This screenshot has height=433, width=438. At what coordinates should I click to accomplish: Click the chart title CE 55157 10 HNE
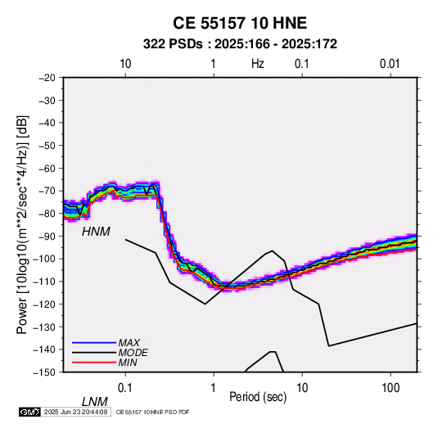[240, 23]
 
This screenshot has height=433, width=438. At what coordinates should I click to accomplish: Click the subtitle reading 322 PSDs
[173, 44]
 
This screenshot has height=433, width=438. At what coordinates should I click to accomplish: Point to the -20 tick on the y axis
[47, 78]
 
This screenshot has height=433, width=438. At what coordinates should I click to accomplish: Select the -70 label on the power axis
[47, 191]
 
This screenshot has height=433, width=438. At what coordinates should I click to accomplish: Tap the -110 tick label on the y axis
[45, 282]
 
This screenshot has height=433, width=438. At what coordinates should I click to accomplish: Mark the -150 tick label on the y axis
[45, 372]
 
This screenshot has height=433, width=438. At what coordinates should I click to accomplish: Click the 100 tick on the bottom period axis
[391, 388]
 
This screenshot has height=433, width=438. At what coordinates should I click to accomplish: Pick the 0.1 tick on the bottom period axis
[125, 388]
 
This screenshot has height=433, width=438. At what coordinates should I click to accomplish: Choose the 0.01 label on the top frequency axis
[390, 64]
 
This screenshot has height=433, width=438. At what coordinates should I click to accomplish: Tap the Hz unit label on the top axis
[258, 64]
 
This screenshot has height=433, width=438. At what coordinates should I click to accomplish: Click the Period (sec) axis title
[258, 397]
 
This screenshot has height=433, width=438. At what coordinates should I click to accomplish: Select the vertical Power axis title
[22, 225]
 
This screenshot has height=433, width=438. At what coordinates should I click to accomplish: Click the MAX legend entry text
[129, 343]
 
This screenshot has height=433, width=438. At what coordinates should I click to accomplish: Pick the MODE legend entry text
[133, 353]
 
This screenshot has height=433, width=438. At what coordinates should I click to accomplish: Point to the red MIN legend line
[94, 363]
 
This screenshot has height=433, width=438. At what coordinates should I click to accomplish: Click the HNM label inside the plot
[96, 232]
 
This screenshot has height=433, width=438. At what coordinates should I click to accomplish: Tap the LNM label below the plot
[95, 402]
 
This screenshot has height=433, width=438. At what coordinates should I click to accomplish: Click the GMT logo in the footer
[29, 412]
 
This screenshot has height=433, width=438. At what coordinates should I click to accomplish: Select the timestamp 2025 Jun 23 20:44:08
[75, 412]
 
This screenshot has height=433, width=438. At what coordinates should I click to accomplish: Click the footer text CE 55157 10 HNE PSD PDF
[152, 412]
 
